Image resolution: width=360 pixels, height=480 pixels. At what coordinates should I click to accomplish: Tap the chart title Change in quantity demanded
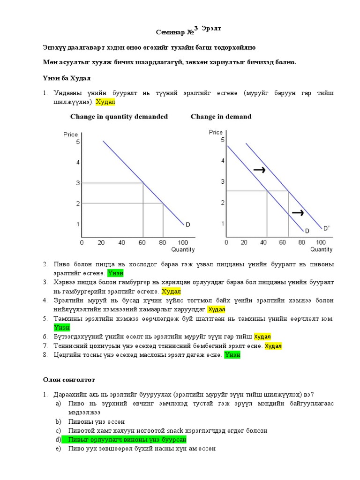pos(119,117)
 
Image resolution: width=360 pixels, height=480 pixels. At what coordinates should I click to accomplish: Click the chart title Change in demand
pos(221,117)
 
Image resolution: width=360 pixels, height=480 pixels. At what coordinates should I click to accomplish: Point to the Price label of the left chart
pos(70,135)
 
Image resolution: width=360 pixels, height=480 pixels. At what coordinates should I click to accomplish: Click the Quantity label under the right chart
pos(321,249)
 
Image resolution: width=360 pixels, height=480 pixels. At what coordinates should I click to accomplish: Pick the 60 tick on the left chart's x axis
pos(142,243)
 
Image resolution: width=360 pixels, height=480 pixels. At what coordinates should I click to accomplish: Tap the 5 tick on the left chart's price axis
pos(78,142)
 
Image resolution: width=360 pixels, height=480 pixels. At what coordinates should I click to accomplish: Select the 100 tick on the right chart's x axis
pos(321,242)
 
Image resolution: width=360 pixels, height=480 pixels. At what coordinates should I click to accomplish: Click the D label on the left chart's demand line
pos(187,225)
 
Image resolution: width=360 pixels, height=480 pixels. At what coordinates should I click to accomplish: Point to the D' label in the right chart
pos(326,228)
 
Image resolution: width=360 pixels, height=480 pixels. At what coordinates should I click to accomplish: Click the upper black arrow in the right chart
pos(259,170)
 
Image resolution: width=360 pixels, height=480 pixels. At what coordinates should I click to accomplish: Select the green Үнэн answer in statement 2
pos(115,273)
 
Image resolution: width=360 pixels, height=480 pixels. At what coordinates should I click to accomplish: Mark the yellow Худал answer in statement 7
pos(273,346)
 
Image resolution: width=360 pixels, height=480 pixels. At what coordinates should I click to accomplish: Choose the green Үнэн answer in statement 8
pos(232,355)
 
